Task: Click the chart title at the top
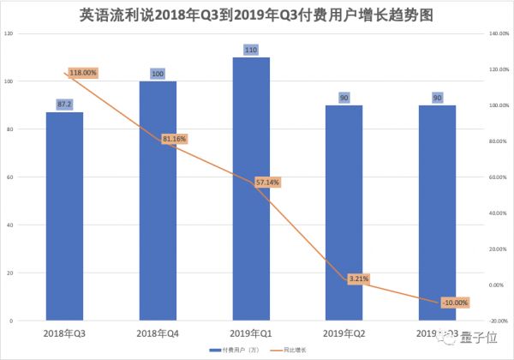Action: pyautogui.click(x=257, y=15)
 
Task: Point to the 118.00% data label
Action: pyautogui.click(x=82, y=73)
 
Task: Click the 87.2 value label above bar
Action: pyautogui.click(x=65, y=103)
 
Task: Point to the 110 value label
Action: pyautogui.click(x=251, y=51)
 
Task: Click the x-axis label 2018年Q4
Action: pyautogui.click(x=158, y=332)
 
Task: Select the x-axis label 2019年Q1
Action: pyautogui.click(x=251, y=332)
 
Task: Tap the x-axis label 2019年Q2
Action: pyautogui.click(x=344, y=332)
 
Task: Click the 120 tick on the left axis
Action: pyautogui.click(x=9, y=33)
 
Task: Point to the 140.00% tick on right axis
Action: pyautogui.click(x=499, y=33)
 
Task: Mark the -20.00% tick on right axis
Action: pyautogui.click(x=499, y=321)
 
